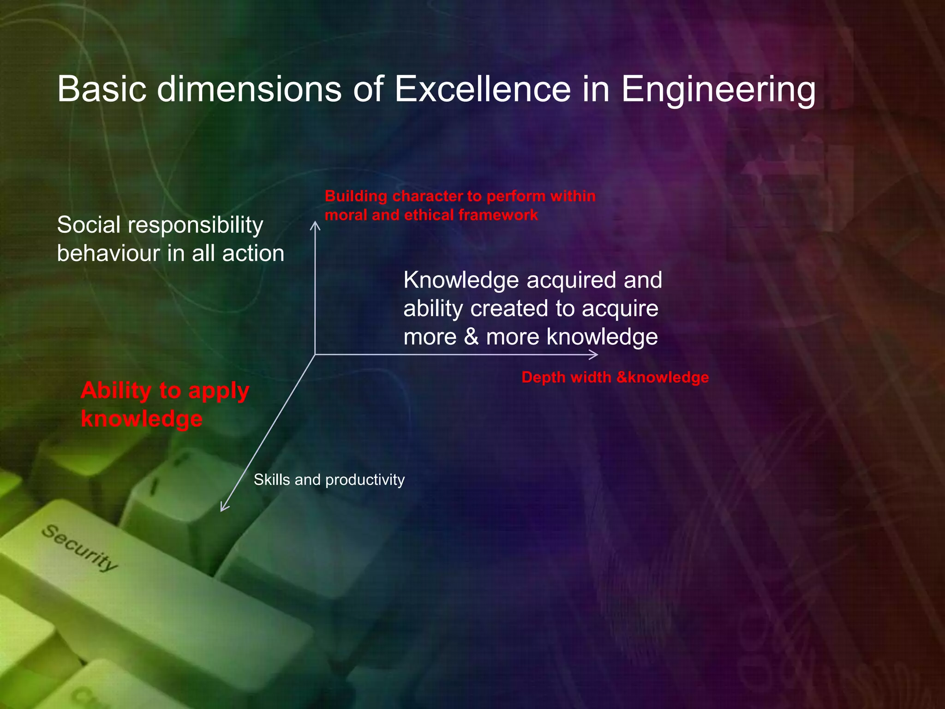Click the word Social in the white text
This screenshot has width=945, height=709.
(88, 225)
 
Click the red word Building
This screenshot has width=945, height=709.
(356, 196)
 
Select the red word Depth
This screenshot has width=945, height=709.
(543, 378)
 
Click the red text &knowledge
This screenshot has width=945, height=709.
(663, 378)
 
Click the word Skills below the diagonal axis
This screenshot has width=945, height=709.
(272, 480)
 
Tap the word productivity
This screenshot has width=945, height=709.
(365, 480)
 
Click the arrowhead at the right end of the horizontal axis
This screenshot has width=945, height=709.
(595, 354)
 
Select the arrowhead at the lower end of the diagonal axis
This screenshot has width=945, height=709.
(223, 508)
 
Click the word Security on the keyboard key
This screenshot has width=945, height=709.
(80, 548)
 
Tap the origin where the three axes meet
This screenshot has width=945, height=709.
(315, 354)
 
